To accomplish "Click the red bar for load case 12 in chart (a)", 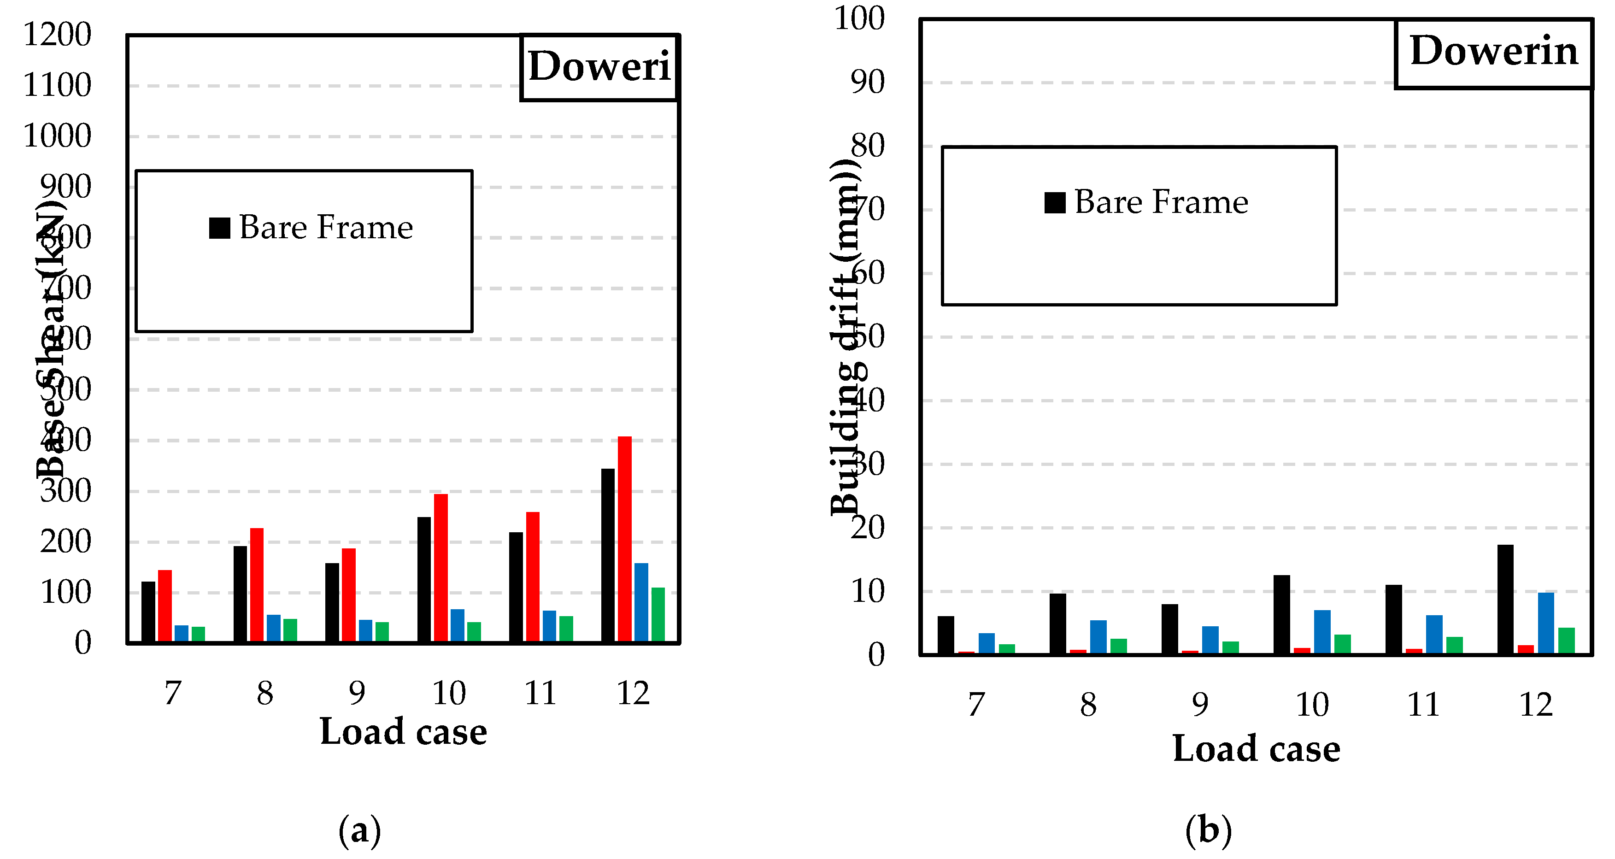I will tap(624, 539).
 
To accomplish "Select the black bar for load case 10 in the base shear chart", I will tap(424, 580).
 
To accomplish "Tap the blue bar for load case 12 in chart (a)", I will tap(641, 603).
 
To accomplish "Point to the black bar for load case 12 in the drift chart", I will tap(1505, 600).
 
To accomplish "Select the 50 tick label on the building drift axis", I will tap(868, 337).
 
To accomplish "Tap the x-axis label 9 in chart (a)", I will tap(357, 693).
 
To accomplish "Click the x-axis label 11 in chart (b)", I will tap(1423, 704).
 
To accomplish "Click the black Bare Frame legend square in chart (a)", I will tap(219, 228).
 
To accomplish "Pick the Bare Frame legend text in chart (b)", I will tap(1161, 202).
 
